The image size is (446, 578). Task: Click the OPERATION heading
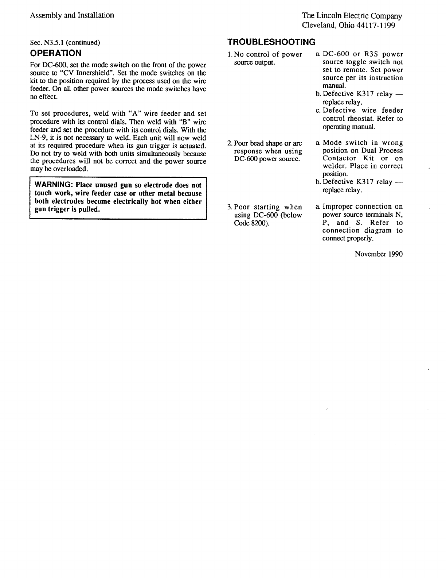(56, 53)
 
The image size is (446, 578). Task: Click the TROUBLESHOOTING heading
(271, 42)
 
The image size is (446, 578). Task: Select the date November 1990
(379, 254)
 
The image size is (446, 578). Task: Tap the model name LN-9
(37, 138)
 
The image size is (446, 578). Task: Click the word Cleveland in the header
(317, 26)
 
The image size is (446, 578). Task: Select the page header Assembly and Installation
(72, 15)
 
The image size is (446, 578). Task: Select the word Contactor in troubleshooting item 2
(339, 158)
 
